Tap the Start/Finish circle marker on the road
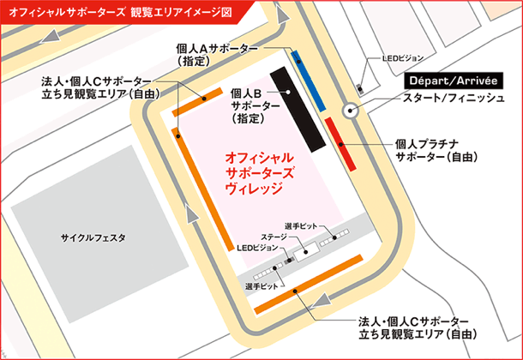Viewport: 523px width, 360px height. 349,110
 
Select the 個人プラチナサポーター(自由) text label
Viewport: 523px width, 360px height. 436,152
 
